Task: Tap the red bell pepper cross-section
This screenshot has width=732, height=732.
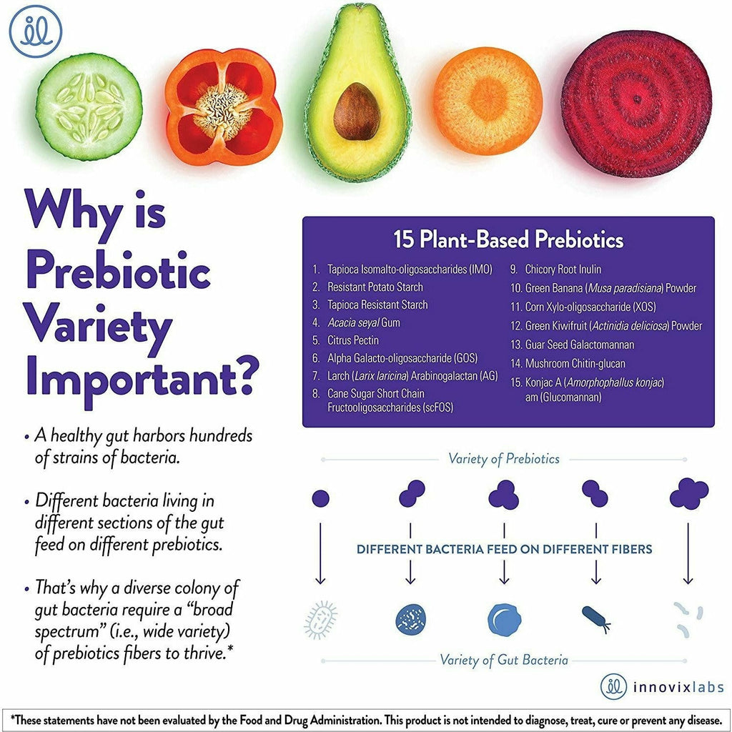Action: [223, 107]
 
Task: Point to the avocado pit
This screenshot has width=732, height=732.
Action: [357, 112]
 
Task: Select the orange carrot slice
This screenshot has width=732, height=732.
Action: [488, 101]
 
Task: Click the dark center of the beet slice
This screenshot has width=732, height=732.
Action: [638, 99]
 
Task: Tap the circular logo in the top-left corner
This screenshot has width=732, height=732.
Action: [36, 31]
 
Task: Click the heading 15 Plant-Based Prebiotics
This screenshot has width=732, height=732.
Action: [508, 239]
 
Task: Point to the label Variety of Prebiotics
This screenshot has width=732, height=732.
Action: [504, 459]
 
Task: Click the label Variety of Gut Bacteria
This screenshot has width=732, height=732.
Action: [504, 660]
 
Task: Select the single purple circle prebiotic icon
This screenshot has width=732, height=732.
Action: [320, 498]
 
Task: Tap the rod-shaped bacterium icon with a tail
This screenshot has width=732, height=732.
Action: [596, 618]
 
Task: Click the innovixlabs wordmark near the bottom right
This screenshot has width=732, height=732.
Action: [678, 687]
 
